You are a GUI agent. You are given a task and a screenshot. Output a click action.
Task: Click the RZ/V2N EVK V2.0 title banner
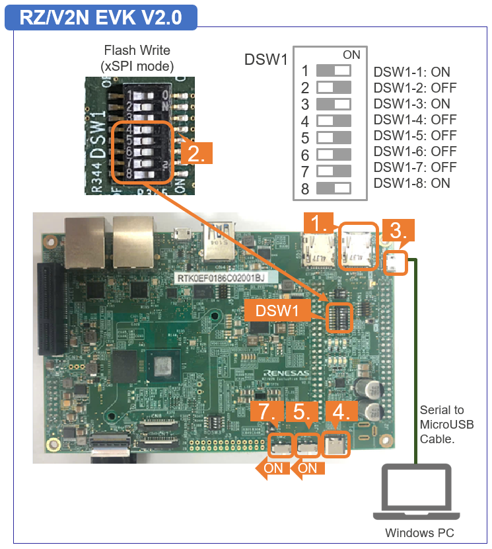pyautogui.click(x=100, y=17)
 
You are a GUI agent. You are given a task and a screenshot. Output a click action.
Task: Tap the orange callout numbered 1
pyautogui.click(x=320, y=224)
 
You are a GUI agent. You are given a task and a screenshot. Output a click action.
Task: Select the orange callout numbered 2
pyautogui.click(x=197, y=153)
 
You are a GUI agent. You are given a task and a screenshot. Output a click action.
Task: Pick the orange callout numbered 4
pyautogui.click(x=341, y=411)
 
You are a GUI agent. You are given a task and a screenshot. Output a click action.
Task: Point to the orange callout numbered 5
pyautogui.click(x=302, y=411)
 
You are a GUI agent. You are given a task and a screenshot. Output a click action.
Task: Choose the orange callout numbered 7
pyautogui.click(x=267, y=411)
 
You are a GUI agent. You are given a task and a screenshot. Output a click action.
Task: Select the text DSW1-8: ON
pyautogui.click(x=412, y=183)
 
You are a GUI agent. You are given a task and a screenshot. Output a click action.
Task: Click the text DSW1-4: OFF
pyautogui.click(x=415, y=120)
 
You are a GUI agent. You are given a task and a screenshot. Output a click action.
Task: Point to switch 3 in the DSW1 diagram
pyautogui.click(x=334, y=104)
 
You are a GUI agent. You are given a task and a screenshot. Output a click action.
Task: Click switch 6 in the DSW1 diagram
pyautogui.click(x=334, y=155)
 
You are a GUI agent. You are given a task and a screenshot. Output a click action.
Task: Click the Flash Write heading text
pyautogui.click(x=137, y=51)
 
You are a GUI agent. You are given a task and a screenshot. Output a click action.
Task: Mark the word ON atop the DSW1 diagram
pyautogui.click(x=351, y=55)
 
